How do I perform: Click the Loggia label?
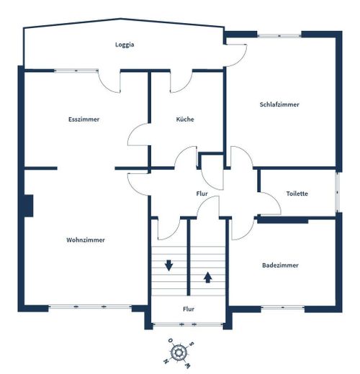(125, 45)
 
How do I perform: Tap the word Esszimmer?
(84, 119)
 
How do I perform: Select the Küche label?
(185, 119)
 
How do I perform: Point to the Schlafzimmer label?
(279, 104)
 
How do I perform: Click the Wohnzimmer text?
(86, 240)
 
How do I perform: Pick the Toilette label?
(297, 193)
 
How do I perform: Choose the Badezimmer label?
(280, 265)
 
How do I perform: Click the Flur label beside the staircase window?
(189, 309)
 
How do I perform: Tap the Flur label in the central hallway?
(202, 193)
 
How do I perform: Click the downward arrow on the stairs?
(168, 265)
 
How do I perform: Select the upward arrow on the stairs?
(208, 278)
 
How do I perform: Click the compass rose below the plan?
(179, 352)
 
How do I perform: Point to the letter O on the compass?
(171, 340)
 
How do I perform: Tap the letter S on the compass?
(192, 345)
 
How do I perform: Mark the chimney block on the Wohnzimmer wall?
(28, 206)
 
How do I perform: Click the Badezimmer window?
(283, 307)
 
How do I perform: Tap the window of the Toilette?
(338, 192)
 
